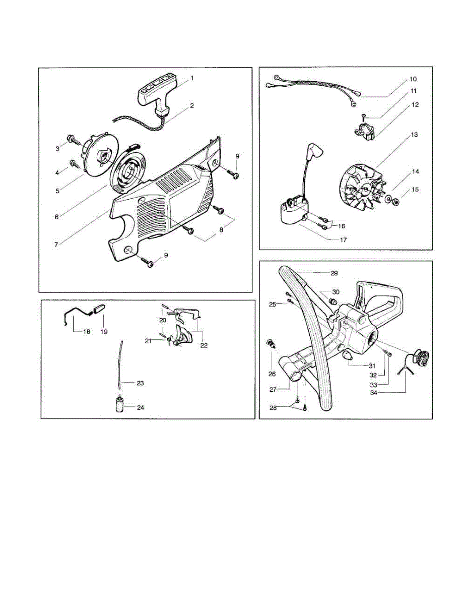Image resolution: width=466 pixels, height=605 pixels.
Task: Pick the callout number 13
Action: coord(414,135)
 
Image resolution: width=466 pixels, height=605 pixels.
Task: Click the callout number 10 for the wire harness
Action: coord(413,79)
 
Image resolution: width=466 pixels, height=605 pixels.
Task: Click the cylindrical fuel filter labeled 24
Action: coord(119,405)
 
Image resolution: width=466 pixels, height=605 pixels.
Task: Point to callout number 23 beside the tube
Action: coord(141,383)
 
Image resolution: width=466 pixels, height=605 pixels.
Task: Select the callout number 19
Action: coord(104,332)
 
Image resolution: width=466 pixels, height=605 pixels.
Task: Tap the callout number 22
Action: coord(204,346)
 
